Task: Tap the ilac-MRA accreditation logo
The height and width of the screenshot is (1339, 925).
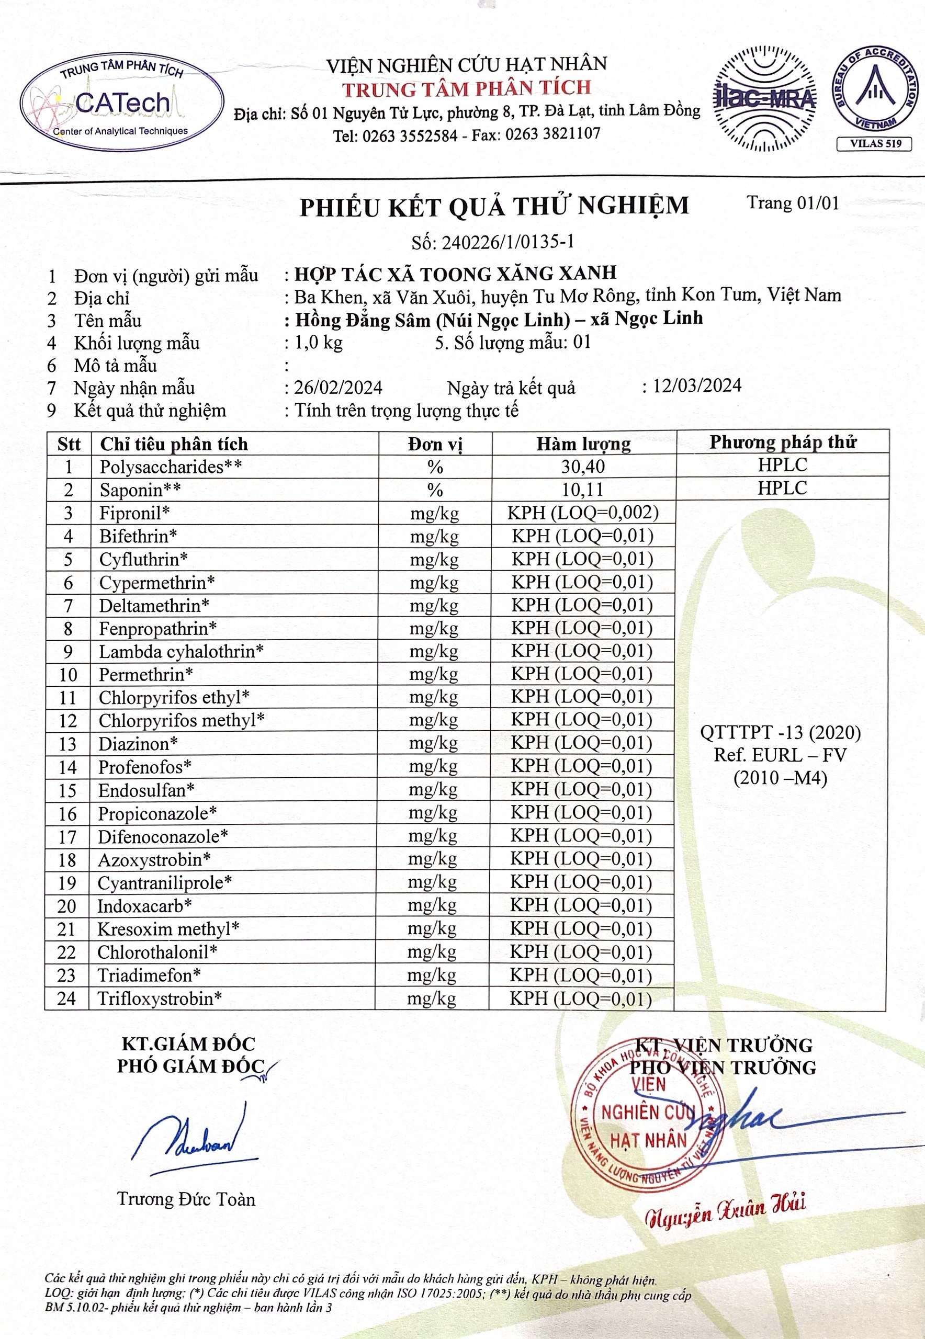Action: [x=764, y=99]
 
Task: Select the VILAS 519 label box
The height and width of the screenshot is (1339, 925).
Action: [x=875, y=144]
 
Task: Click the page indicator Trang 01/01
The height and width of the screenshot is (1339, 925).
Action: [x=792, y=203]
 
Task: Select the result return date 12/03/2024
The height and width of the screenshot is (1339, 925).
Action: [x=697, y=386]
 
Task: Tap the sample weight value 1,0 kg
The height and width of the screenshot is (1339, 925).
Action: [x=318, y=343]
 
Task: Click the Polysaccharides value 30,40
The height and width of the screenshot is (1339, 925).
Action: [x=583, y=467]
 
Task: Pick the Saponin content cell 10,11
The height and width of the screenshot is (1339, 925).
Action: [x=582, y=490]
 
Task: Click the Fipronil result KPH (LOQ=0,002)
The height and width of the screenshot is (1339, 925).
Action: [x=583, y=513]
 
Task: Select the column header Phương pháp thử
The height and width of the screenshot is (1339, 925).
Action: [x=782, y=442]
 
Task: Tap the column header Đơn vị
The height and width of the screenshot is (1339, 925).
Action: [x=435, y=445]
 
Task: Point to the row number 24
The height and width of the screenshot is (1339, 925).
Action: [x=66, y=998]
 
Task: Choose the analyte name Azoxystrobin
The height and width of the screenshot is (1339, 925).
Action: [x=154, y=859]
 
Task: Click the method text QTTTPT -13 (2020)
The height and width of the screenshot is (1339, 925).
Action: [x=780, y=733]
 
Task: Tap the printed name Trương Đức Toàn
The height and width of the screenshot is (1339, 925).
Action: [x=186, y=1199]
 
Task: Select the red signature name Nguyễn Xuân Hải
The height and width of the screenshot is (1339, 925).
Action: [x=726, y=1209]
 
